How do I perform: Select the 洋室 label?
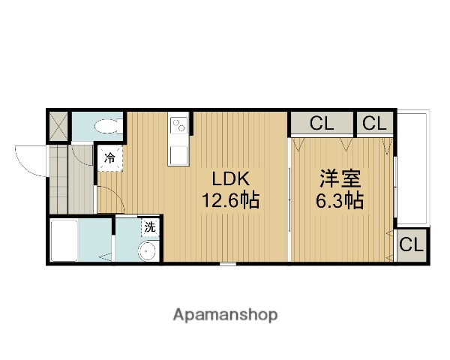(x=341, y=179)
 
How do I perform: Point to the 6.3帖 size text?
(x=341, y=201)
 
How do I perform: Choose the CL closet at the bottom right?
(x=412, y=244)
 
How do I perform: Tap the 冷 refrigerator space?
(x=109, y=158)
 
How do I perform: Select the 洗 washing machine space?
(x=149, y=226)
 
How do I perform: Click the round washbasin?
(x=148, y=250)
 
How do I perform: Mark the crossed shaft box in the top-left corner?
(x=59, y=124)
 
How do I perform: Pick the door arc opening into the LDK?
(x=107, y=199)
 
